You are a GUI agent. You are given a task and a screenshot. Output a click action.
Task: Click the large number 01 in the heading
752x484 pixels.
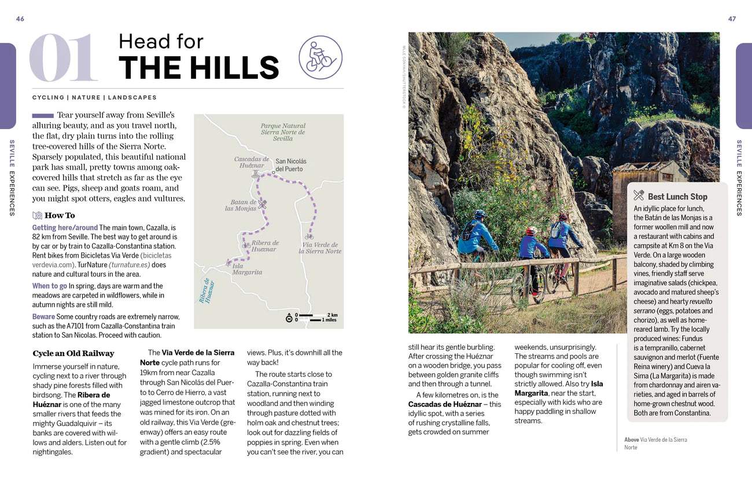pos(64,58)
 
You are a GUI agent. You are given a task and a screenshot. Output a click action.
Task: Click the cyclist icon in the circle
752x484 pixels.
pos(320,57)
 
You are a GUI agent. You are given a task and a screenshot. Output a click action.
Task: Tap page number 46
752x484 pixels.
pos(20,19)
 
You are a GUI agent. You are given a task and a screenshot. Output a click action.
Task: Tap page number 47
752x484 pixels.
pos(732,19)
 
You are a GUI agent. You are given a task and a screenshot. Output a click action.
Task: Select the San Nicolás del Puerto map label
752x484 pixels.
pos(291,165)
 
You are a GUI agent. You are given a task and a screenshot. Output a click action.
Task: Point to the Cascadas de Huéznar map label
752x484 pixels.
pos(252,162)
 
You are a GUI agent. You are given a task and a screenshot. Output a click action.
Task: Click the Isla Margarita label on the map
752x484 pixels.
pos(247,269)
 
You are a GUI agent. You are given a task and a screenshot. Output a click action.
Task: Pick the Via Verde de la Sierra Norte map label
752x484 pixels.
pos(320,248)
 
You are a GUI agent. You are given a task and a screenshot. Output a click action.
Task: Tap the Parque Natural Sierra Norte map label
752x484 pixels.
pos(283,132)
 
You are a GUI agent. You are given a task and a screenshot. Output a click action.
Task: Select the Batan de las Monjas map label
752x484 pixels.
pos(241,206)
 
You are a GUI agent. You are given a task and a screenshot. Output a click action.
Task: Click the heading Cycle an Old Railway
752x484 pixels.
pos(73,353)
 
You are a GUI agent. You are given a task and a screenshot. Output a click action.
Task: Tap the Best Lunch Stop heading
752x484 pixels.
pos(677,197)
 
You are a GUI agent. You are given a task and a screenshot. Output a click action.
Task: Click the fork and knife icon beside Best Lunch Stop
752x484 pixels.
pos(639,196)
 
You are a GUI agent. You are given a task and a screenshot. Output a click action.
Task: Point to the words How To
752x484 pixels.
pos(60,215)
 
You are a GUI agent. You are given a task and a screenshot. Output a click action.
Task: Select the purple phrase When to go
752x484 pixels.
pos(50,286)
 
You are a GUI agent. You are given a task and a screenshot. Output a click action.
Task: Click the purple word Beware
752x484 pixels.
pos(43,317)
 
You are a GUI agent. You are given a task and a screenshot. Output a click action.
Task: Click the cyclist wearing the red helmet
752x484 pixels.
pos(532,243)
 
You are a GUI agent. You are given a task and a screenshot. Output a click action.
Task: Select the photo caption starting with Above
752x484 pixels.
pos(655,443)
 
